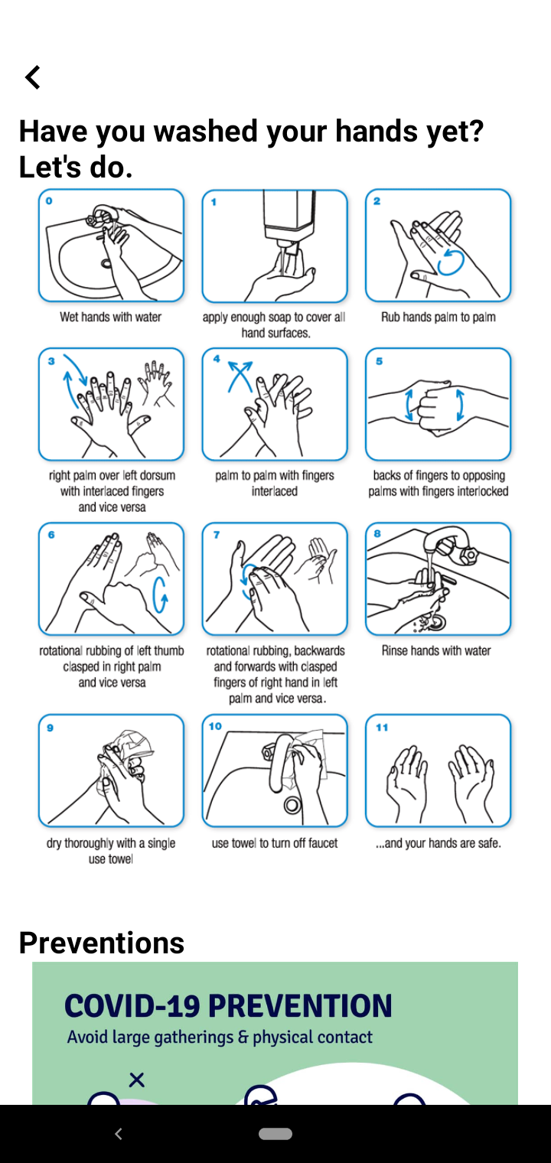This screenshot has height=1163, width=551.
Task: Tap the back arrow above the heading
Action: click(33, 77)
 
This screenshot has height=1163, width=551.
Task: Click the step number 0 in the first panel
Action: click(49, 201)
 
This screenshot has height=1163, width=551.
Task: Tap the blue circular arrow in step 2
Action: click(450, 262)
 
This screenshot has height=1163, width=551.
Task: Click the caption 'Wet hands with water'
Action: click(111, 317)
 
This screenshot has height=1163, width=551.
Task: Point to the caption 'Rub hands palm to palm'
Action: click(439, 317)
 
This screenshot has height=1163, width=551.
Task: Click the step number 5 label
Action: click(379, 361)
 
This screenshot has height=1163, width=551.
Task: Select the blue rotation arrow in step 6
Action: click(160, 595)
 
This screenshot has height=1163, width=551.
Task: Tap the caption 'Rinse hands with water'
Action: click(436, 650)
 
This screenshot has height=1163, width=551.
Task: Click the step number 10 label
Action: click(215, 726)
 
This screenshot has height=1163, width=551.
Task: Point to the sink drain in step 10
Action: click(292, 805)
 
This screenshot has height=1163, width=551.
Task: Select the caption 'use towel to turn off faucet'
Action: click(275, 843)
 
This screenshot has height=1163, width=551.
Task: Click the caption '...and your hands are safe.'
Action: click(439, 843)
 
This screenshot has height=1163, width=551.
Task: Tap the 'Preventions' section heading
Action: click(102, 943)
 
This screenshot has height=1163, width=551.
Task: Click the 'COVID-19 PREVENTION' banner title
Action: click(228, 1005)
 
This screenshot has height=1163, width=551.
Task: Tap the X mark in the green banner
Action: click(136, 1080)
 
